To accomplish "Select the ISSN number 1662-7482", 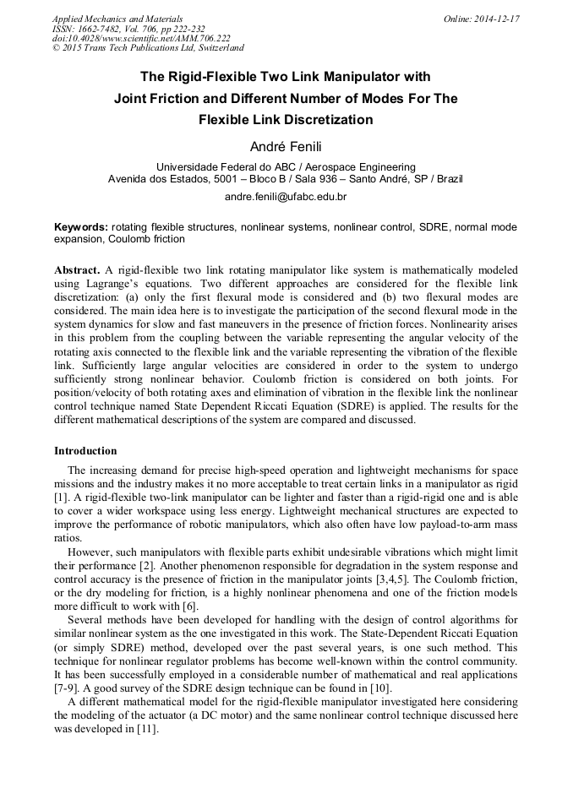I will pos(100,29).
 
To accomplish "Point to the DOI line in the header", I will pos(141,39).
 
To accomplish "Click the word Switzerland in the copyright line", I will pos(217,49).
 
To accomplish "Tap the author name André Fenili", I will pos(286,147).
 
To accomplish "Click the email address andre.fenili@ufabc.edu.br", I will pos(286,196).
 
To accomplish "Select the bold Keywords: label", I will pos(81,227).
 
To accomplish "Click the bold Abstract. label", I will pos(78,269).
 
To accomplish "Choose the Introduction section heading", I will pos(85,451).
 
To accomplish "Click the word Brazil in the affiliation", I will pos(447,179).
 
